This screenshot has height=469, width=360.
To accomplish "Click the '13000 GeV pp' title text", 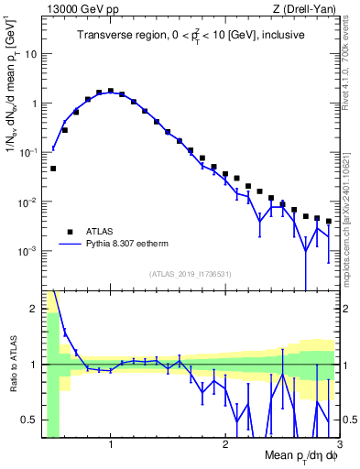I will (77, 10).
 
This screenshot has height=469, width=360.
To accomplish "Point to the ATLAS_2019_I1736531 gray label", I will (191, 274).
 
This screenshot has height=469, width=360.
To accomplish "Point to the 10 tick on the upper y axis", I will (30, 53).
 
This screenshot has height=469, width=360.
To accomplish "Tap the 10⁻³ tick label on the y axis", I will (27, 250).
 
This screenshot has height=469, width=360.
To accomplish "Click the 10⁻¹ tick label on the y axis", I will (27, 152).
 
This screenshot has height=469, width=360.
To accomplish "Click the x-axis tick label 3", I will (339, 442).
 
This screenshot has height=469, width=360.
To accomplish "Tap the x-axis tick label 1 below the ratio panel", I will (111, 442).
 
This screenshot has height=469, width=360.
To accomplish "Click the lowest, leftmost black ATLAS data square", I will (53, 169).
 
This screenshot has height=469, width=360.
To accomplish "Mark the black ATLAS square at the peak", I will (110, 92).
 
